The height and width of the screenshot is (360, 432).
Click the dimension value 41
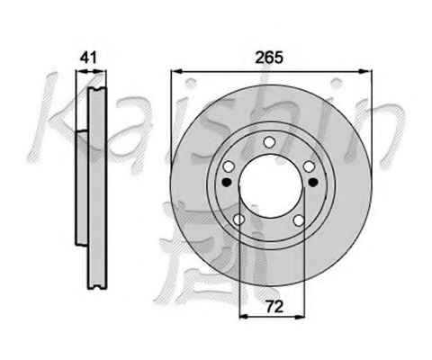(x=88, y=58)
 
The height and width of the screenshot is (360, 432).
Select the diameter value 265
(x=269, y=58)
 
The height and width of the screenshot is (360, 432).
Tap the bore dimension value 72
(x=274, y=307)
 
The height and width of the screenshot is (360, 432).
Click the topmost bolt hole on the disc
(x=269, y=142)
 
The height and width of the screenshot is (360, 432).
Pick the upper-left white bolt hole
(x=229, y=166)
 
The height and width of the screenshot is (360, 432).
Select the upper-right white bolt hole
(x=309, y=166)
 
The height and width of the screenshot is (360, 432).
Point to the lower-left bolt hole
(x=238, y=220)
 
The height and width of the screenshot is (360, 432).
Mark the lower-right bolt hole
(x=299, y=220)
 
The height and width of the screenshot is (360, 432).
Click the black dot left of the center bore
(x=227, y=182)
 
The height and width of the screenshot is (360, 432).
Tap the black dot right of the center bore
(x=313, y=182)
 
